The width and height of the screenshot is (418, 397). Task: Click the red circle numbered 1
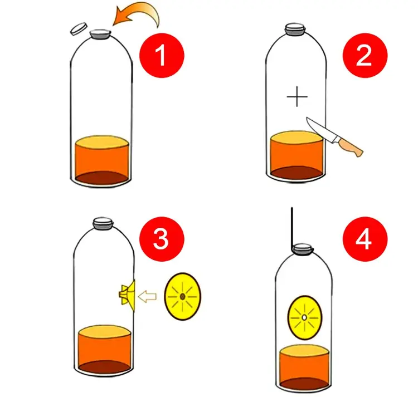tap(162, 55)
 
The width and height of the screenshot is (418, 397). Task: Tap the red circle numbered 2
tap(364, 55)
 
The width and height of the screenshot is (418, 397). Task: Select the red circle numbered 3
tap(162, 239)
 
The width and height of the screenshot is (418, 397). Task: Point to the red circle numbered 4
tap(364, 239)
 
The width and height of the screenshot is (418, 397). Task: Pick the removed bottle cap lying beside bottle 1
tap(79, 28)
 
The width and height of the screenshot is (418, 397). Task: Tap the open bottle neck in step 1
tap(100, 35)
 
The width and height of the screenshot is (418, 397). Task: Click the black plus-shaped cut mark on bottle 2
tap(297, 96)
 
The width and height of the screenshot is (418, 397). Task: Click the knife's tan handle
tap(349, 147)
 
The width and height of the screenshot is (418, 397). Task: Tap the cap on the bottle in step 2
tap(295, 29)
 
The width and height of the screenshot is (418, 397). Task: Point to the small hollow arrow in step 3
tap(148, 296)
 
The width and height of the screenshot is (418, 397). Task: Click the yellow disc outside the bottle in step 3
tap(183, 296)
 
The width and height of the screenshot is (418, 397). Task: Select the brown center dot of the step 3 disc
tap(183, 296)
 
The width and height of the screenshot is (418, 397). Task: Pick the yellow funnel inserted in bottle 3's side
tap(127, 295)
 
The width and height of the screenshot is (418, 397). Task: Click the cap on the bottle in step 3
tap(103, 223)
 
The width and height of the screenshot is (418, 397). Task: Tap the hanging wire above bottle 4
tap(292, 229)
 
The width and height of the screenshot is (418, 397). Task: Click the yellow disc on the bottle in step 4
tap(304, 317)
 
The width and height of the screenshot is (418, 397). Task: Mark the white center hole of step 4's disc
tap(304, 317)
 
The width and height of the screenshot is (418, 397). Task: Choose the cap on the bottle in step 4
tap(302, 249)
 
